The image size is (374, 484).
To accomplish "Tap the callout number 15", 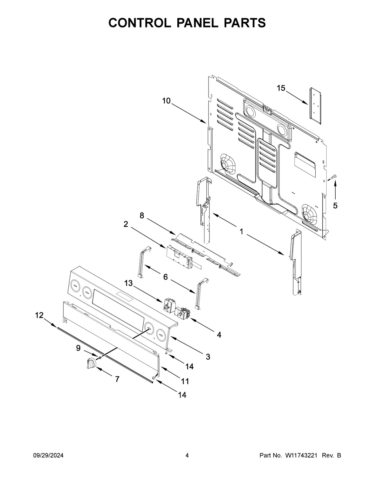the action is click(x=281, y=88).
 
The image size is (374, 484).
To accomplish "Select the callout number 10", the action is click(x=166, y=101).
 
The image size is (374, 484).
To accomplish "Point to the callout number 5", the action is click(x=335, y=206).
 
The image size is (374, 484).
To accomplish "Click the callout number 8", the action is click(x=142, y=215).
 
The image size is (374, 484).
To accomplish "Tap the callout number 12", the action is click(x=39, y=315).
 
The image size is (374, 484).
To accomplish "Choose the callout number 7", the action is click(x=117, y=379).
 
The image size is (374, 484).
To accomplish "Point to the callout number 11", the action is click(x=185, y=381).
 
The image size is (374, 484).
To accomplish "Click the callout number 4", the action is click(x=219, y=335).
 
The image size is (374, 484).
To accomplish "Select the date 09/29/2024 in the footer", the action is click(x=48, y=456).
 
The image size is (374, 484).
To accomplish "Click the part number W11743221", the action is click(x=301, y=456).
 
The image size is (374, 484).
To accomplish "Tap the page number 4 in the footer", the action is click(x=187, y=456).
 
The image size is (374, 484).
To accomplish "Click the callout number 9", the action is click(x=78, y=348).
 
